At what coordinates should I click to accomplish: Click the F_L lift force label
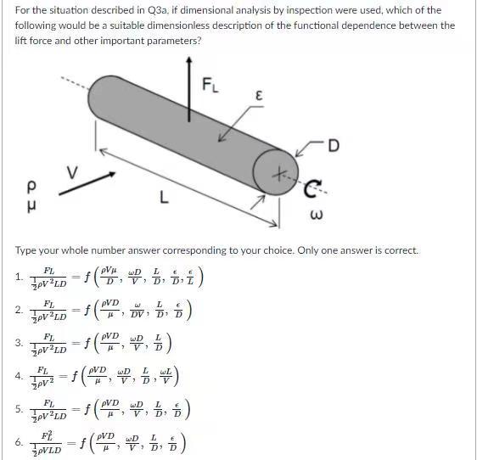point(210,85)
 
